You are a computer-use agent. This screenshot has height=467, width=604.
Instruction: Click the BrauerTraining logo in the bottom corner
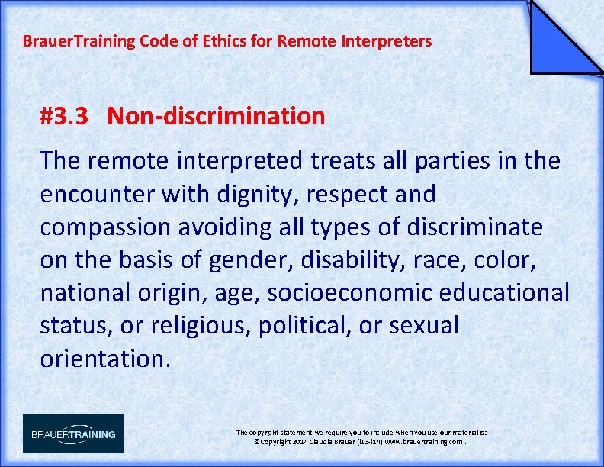tap(72, 433)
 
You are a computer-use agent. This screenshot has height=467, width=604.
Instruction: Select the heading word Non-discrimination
tap(216, 117)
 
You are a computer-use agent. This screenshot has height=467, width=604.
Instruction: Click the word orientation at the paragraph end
tap(104, 358)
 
